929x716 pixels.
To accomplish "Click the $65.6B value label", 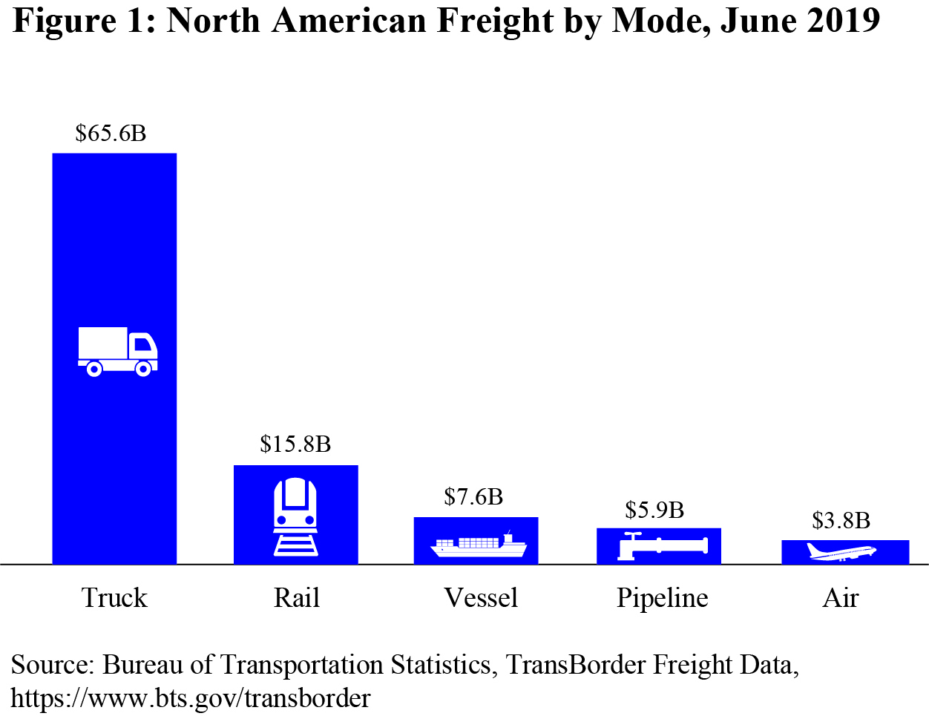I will coord(111,134).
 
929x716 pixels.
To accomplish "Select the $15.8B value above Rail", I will coord(295,444).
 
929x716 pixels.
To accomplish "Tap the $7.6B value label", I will coord(473,496).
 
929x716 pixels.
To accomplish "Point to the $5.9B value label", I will coord(654,510).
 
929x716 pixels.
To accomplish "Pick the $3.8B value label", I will coord(841,521).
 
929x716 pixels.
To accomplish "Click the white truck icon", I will coord(117,351).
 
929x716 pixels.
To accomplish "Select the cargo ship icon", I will coord(478,545).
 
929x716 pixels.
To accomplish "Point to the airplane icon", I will coord(841,552).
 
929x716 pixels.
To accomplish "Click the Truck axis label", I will coord(114,598).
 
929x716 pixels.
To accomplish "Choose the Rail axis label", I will coord(296,598).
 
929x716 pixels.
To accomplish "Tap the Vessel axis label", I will coord(481,598).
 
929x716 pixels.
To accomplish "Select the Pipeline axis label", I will coord(662,598).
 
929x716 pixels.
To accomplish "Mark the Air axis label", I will coord(841,598).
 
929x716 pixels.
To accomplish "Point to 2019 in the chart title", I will coord(844,20).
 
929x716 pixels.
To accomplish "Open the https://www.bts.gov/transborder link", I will coord(191,698).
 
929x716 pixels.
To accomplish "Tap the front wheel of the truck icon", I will coord(143,368).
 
